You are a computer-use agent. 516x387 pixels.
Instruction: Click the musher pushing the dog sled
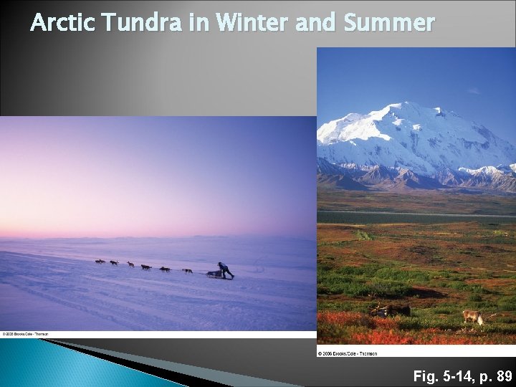(x=225, y=269)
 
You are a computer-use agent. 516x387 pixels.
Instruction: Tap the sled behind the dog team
(x=214, y=274)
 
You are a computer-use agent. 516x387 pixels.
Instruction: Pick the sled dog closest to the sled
(x=187, y=271)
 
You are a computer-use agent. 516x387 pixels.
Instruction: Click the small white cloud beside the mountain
(x=474, y=91)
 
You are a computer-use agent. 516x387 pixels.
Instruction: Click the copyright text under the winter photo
(x=24, y=334)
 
